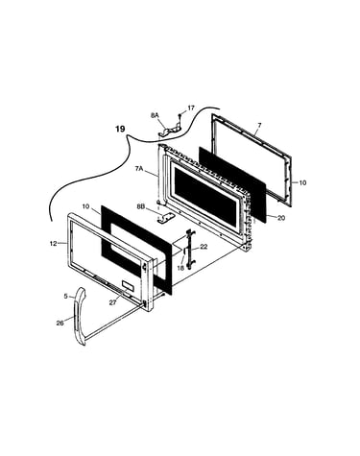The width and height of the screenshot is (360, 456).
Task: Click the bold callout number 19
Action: [120, 129]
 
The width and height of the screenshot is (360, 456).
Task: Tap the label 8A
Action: [155, 115]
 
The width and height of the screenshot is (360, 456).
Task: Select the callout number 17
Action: [191, 108]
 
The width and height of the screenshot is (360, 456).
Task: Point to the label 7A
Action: [139, 169]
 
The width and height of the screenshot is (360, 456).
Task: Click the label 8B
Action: [141, 206]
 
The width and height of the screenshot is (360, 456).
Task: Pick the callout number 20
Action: [281, 218]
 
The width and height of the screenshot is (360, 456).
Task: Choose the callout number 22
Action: [204, 247]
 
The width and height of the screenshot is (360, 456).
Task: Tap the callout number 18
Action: [180, 268]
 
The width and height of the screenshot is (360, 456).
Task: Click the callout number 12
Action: [54, 244]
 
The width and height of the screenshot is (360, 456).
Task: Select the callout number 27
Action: [112, 302]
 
